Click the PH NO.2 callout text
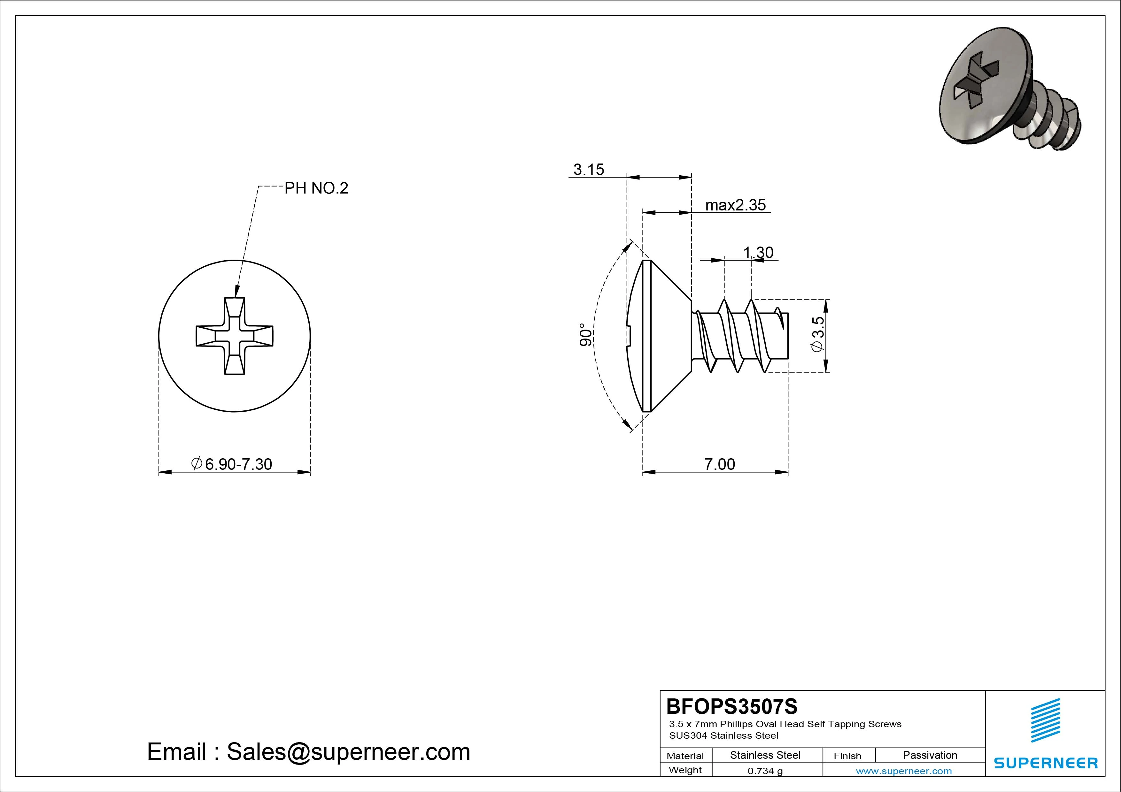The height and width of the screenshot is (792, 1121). coord(316,188)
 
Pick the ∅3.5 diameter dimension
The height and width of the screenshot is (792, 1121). coord(817,334)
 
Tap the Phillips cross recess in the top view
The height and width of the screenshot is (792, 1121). coord(234,336)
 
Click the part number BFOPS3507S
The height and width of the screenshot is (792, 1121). coord(731,706)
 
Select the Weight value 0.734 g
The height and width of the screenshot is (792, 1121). coord(765,771)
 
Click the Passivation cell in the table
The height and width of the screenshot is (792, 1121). coord(930,755)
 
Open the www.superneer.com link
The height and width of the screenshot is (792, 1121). coord(904,771)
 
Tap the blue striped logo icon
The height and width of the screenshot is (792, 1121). coord(1045,720)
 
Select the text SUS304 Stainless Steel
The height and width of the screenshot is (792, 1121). coord(723,735)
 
